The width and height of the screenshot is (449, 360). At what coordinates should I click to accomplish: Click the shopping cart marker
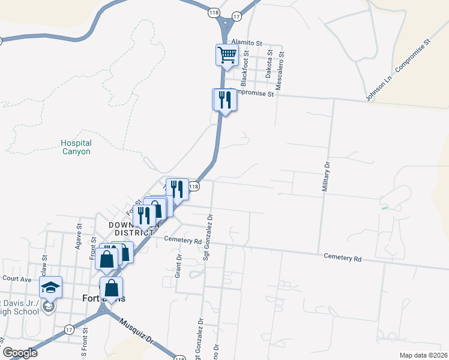click(x=227, y=55)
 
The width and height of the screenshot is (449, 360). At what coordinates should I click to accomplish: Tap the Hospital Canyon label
click(x=76, y=148)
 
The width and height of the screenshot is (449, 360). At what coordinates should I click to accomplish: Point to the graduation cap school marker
click(x=51, y=287)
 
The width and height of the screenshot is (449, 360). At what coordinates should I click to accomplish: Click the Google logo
click(x=19, y=353)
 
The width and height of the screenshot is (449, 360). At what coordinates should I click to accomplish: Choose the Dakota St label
click(x=270, y=65)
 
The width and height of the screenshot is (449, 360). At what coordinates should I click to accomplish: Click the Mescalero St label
click(x=281, y=66)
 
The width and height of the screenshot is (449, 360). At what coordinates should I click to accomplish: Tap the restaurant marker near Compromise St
click(x=225, y=99)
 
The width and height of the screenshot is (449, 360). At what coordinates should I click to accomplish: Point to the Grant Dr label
click(x=179, y=260)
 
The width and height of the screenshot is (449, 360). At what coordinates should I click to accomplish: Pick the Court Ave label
click(x=16, y=278)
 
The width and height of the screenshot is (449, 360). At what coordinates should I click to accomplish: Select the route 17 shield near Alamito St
click(x=237, y=17)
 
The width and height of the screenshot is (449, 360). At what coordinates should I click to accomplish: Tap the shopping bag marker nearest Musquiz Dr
click(x=112, y=288)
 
